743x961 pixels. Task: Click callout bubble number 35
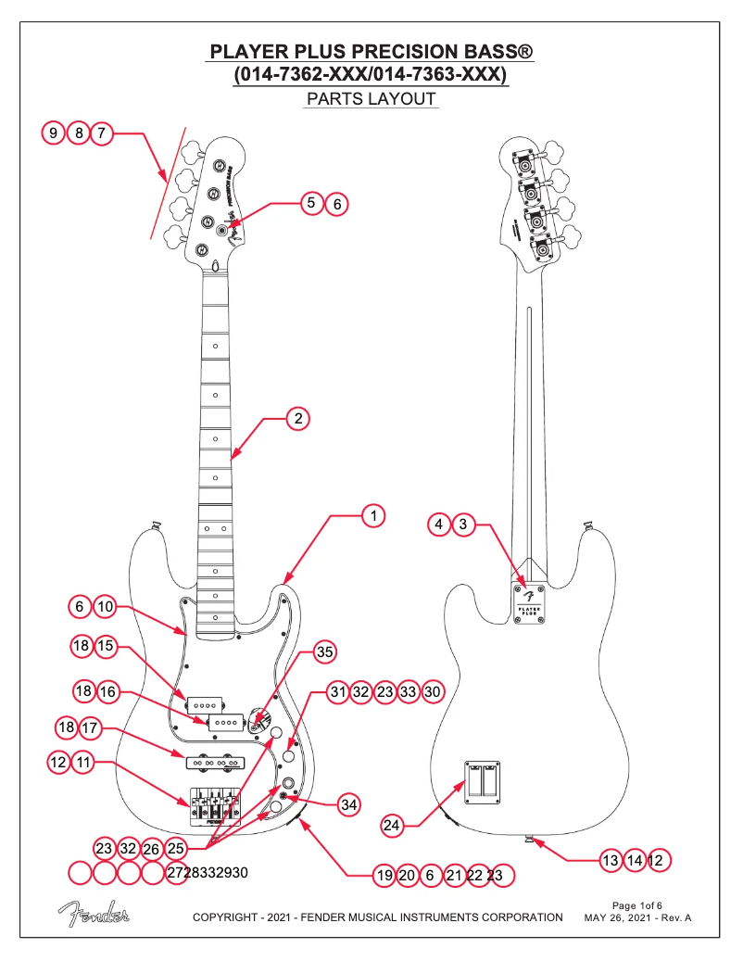(324, 652)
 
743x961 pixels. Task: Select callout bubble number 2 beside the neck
(297, 419)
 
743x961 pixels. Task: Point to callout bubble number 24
(393, 824)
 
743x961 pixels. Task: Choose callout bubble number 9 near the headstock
(55, 133)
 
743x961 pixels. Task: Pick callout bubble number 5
(312, 201)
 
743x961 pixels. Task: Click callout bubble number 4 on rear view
(439, 525)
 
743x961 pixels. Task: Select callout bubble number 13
(610, 860)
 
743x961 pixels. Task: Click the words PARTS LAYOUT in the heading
(371, 98)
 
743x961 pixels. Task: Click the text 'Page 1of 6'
(637, 904)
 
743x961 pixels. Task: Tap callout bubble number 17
(91, 727)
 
